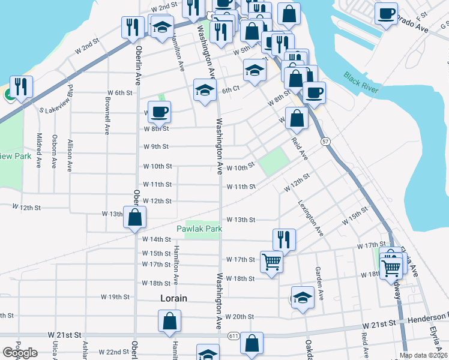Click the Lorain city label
[x=173, y=298]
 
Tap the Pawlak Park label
[x=199, y=229]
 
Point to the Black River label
[x=361, y=80]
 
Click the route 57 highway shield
[x=325, y=141]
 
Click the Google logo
[x=20, y=353]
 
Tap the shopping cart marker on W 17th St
[x=272, y=261]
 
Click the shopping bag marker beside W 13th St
[x=135, y=218]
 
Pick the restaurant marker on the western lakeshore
[x=21, y=87]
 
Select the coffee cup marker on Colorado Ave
[x=386, y=13]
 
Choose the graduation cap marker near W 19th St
[x=303, y=298]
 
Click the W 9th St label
[x=156, y=146]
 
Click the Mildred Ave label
[x=39, y=150]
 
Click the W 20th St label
[x=241, y=317]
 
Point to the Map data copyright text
[x=423, y=355]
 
